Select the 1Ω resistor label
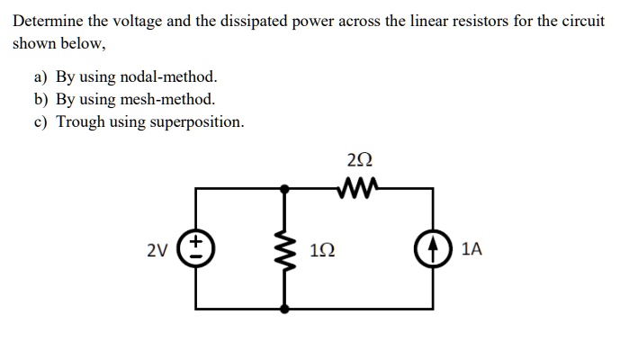pos(323,249)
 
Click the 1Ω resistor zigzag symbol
pos(287,249)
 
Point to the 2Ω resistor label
pos(356,162)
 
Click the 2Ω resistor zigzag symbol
pos(357,188)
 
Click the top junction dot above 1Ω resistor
pos(287,189)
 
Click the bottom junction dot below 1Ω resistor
pos(287,309)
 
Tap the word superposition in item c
pos(198,121)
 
